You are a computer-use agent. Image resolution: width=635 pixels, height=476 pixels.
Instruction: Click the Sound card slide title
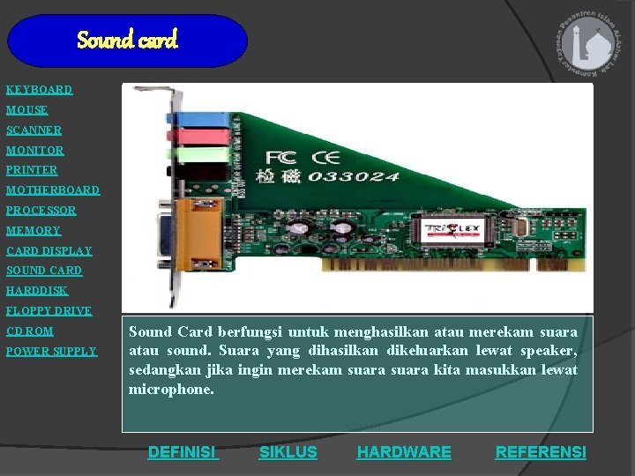pyautogui.click(x=127, y=41)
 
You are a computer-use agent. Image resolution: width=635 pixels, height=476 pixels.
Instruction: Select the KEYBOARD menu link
pyautogui.click(x=39, y=90)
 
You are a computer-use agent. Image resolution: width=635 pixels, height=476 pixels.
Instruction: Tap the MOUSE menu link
pyautogui.click(x=27, y=110)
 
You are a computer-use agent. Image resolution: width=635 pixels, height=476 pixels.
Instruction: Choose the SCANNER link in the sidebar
pyautogui.click(x=34, y=130)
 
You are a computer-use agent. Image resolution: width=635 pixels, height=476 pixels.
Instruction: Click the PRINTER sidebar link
pyautogui.click(x=32, y=170)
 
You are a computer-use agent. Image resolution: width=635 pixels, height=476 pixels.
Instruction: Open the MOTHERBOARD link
pyautogui.click(x=53, y=190)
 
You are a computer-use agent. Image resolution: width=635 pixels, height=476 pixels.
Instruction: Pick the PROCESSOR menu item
pyautogui.click(x=41, y=211)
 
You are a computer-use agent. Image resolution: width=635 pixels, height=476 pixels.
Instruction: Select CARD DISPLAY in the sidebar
pyautogui.click(x=49, y=251)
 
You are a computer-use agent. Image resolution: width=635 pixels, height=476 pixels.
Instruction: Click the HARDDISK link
pyautogui.click(x=37, y=291)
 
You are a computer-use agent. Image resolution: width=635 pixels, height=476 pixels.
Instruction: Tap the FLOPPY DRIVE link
pyautogui.click(x=49, y=311)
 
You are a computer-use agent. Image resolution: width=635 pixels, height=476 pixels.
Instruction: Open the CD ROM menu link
pyautogui.click(x=30, y=331)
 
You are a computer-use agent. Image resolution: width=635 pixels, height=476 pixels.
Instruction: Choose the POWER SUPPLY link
pyautogui.click(x=51, y=352)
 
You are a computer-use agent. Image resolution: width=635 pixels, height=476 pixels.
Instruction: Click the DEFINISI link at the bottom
pyautogui.click(x=183, y=452)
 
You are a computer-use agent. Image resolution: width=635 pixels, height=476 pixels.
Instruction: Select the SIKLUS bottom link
pyautogui.click(x=288, y=452)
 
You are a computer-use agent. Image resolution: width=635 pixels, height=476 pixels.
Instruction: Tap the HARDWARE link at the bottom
pyautogui.click(x=403, y=452)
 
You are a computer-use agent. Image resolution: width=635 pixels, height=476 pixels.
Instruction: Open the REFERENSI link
pyautogui.click(x=540, y=452)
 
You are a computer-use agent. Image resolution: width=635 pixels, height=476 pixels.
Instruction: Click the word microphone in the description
pyautogui.click(x=171, y=389)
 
